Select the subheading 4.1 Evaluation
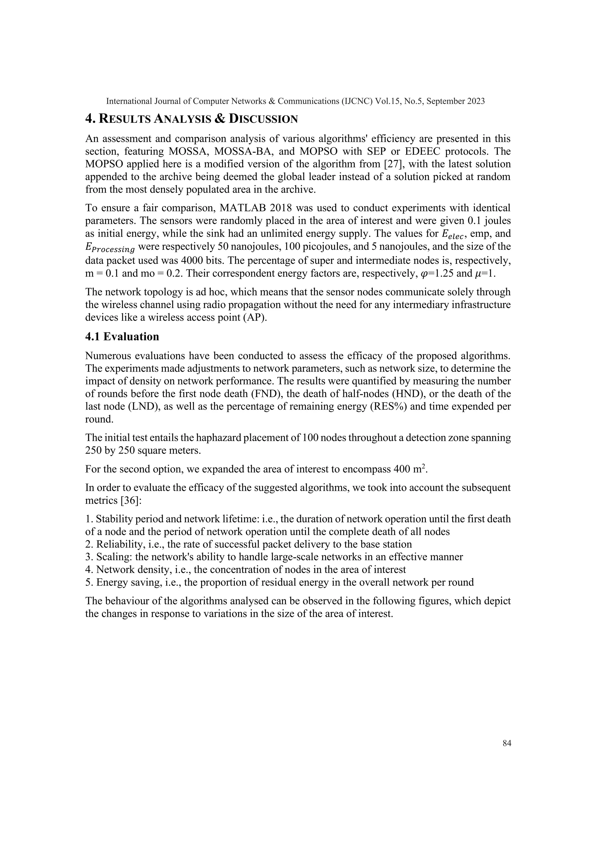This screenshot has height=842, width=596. (122, 336)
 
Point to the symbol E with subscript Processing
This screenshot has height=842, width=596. (110, 248)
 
